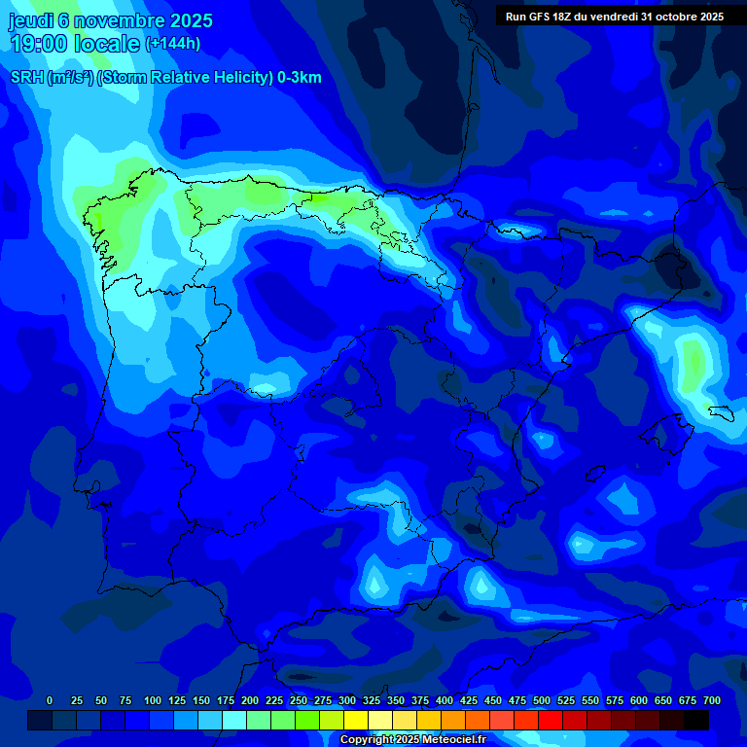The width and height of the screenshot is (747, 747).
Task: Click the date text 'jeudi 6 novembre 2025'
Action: (110, 20)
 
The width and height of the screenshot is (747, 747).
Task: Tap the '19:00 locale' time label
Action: (75, 44)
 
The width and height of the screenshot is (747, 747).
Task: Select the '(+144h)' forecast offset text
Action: (172, 44)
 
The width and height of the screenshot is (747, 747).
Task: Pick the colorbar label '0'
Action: (50, 700)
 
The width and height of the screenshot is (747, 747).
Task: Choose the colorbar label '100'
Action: (153, 700)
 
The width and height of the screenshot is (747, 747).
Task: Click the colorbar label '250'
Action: (298, 700)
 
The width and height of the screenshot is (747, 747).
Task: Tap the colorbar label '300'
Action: (347, 700)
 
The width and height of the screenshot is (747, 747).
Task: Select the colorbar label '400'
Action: (445, 700)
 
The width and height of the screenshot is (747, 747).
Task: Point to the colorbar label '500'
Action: (542, 700)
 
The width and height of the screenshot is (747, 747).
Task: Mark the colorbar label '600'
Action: (639, 700)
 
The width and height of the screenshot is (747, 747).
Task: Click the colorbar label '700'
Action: (711, 700)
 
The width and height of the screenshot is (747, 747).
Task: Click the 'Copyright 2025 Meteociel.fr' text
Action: (412, 739)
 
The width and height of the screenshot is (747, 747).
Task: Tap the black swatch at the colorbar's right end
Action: (696, 720)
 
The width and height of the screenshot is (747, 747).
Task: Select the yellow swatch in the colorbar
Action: (356, 720)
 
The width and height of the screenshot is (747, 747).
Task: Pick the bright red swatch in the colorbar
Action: (551, 720)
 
